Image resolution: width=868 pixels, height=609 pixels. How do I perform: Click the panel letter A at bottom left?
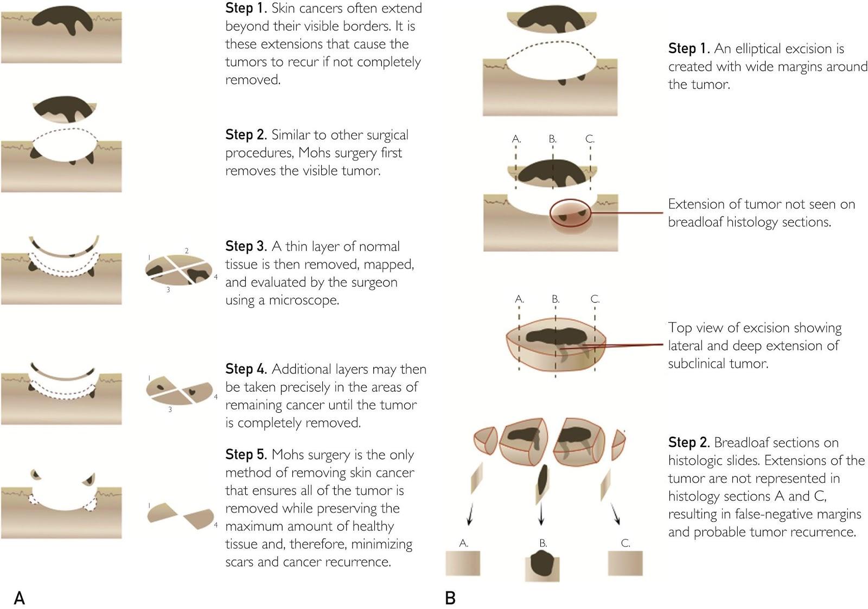click(20, 598)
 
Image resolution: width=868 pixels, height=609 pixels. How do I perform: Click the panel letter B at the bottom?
click(450, 598)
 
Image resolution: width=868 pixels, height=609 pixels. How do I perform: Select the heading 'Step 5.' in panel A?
click(246, 454)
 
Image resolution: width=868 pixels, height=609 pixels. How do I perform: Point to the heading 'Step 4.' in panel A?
click(246, 369)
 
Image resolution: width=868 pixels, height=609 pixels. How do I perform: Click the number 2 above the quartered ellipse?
click(187, 251)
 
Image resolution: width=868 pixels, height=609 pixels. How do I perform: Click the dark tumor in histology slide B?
click(542, 563)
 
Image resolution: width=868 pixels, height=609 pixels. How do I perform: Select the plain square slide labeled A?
click(463, 563)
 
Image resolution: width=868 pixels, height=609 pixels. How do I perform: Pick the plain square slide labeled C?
click(626, 563)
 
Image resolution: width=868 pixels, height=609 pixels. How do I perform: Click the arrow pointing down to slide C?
click(616, 514)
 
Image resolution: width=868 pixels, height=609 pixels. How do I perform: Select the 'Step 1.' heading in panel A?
click(246, 8)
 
